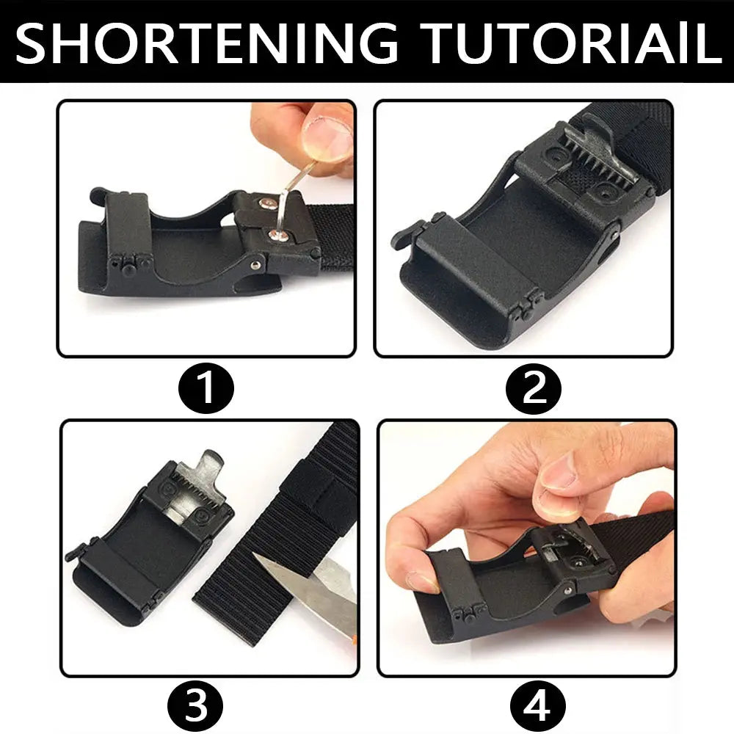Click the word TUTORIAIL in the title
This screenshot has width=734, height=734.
pyautogui.click(x=571, y=43)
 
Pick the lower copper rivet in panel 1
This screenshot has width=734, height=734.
pyautogui.click(x=277, y=235)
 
